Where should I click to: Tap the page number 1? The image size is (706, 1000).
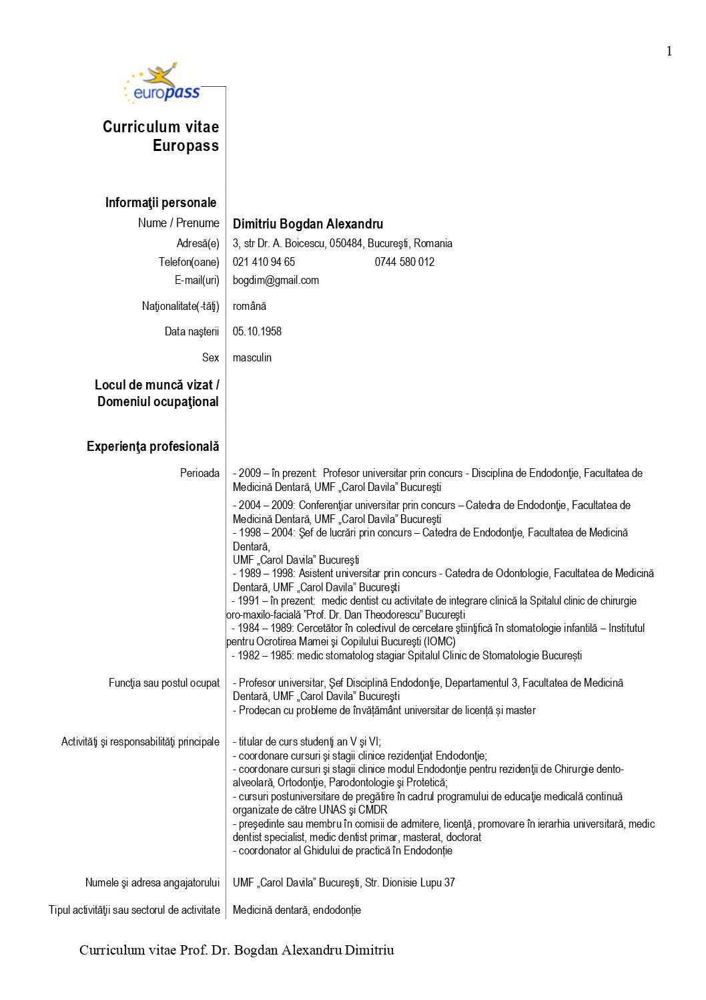click(x=669, y=51)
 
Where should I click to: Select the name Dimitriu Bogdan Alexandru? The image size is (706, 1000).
click(x=308, y=224)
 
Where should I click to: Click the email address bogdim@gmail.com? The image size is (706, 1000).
click(x=276, y=281)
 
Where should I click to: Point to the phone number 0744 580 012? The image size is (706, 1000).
click(x=404, y=262)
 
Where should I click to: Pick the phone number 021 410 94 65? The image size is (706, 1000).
click(x=264, y=262)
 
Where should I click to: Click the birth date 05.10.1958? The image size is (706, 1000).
click(x=257, y=331)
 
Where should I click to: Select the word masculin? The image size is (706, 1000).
click(x=252, y=357)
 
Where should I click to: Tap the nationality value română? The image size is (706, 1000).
click(x=250, y=306)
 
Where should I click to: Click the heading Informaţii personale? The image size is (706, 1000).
click(x=161, y=202)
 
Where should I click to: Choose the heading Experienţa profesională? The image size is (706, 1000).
click(x=153, y=446)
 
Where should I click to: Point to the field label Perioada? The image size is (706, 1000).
click(x=200, y=473)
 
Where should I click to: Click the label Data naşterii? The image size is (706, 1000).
click(x=192, y=331)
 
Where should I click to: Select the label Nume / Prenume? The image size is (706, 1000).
click(x=178, y=223)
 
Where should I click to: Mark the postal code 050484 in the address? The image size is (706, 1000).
click(x=346, y=243)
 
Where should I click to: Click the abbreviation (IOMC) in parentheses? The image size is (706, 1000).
click(x=440, y=641)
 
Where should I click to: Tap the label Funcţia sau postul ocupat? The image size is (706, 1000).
click(x=164, y=683)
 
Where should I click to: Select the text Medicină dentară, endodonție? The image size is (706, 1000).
click(x=297, y=910)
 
